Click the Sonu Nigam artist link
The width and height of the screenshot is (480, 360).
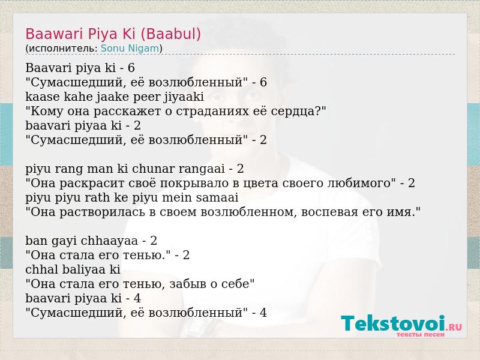(130, 49)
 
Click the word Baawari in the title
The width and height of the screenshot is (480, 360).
(55, 34)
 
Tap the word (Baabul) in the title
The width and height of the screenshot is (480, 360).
(170, 34)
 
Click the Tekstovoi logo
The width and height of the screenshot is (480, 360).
(401, 323)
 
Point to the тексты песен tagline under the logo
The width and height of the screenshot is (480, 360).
(421, 335)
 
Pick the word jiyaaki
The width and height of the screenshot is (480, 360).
(184, 97)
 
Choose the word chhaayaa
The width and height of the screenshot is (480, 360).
(109, 241)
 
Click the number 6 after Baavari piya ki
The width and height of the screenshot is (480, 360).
(131, 68)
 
